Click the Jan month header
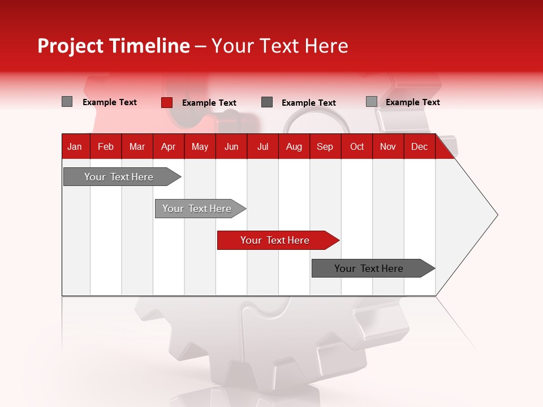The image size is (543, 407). (75, 147)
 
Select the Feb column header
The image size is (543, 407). (106, 147)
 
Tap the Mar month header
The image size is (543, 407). (137, 147)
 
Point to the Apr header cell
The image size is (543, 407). (169, 147)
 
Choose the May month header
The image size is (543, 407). (200, 147)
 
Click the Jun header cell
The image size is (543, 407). (231, 147)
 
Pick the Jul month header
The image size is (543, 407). (262, 147)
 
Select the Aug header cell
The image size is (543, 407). (294, 147)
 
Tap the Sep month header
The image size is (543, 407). (325, 147)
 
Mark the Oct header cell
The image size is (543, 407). (357, 147)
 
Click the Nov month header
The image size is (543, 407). (388, 147)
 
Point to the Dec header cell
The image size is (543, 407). (419, 147)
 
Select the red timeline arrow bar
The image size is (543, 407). (275, 240)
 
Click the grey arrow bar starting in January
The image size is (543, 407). (119, 177)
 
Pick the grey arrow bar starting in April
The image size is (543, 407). (197, 209)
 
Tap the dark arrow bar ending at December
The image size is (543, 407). (369, 269)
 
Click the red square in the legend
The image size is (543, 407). (167, 102)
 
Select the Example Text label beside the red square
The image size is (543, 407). (209, 103)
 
